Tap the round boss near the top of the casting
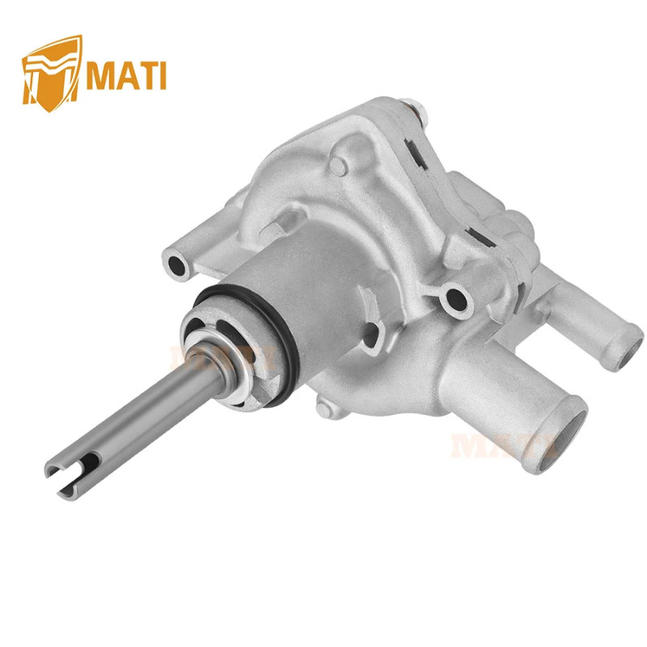coord(340,166)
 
